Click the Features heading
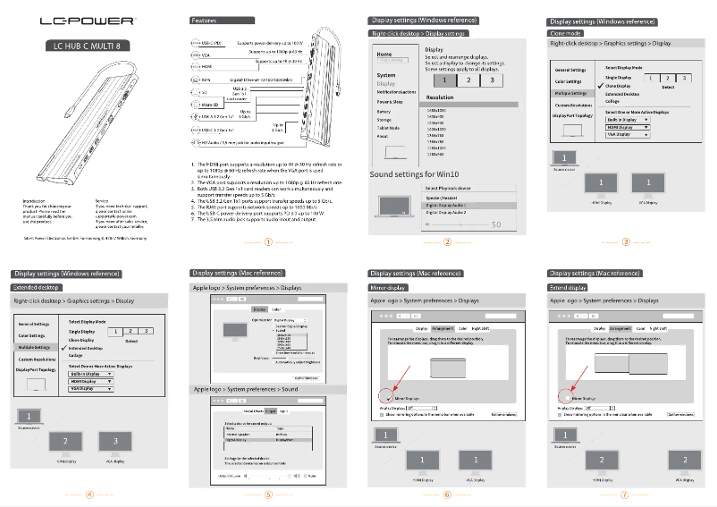click(x=205, y=20)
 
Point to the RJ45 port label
click(x=207, y=79)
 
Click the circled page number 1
click(x=268, y=241)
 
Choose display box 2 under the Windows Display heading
click(x=469, y=80)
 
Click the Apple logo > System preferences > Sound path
click(x=246, y=390)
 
